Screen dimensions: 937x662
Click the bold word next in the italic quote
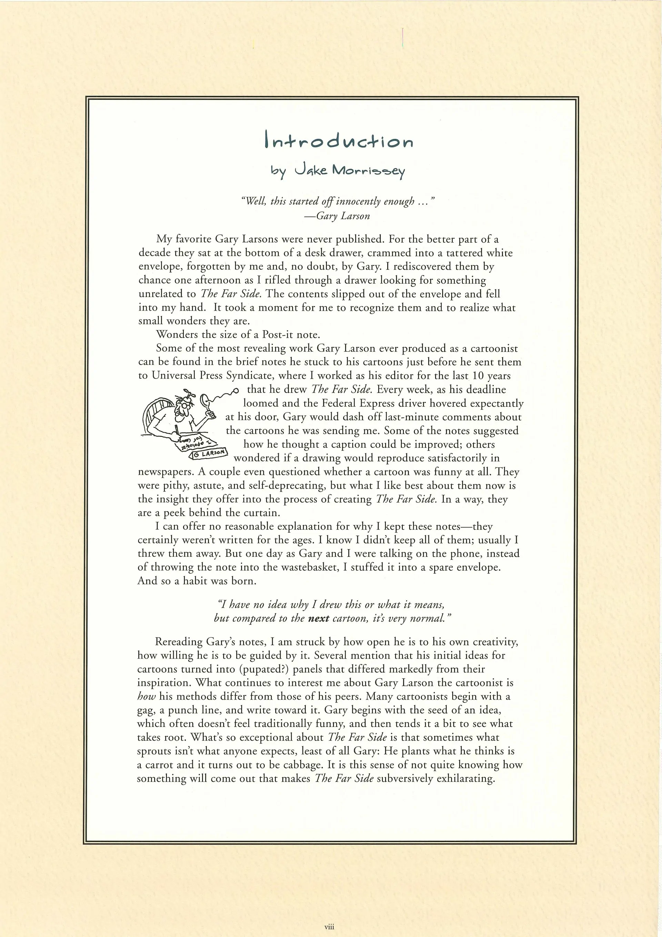(319, 618)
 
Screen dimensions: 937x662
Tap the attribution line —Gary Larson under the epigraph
(337, 216)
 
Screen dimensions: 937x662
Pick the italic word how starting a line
(147, 696)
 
